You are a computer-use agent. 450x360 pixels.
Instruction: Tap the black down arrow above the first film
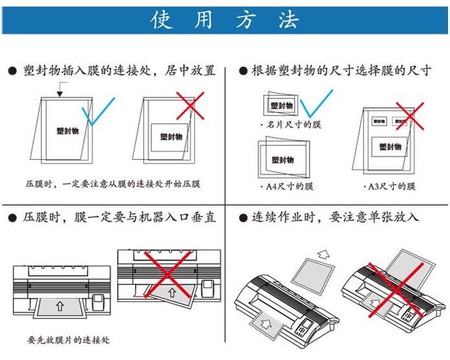(x=59, y=94)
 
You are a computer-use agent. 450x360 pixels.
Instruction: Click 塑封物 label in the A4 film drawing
(x=283, y=160)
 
